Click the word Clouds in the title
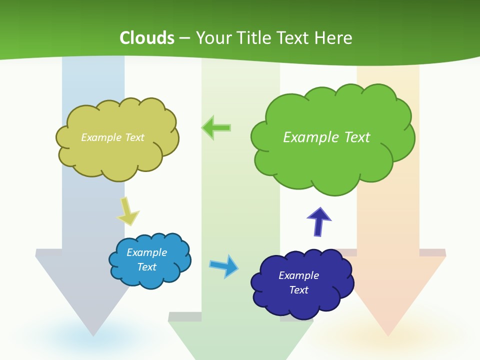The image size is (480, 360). (147, 38)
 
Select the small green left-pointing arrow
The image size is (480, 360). (216, 127)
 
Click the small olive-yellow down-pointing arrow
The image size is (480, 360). (127, 211)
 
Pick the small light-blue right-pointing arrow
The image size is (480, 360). (224, 265)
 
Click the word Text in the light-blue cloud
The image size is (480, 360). (146, 267)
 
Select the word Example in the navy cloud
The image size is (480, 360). (298, 275)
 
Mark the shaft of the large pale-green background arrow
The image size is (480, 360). (240, 200)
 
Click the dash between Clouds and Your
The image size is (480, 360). (184, 38)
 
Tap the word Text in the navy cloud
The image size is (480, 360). (298, 290)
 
